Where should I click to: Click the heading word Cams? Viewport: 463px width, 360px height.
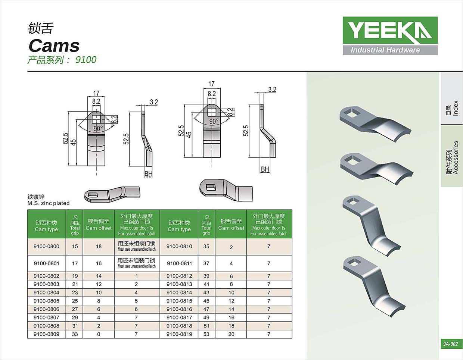coord(54,46)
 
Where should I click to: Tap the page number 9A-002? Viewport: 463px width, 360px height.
coord(450,344)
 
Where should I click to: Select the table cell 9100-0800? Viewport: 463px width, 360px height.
coord(46,246)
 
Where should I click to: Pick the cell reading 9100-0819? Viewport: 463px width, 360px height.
coord(179,334)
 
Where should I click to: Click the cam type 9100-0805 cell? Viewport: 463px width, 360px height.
coord(46,301)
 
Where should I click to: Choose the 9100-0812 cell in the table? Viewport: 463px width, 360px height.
coord(179,276)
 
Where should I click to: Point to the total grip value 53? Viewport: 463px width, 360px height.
coord(206,334)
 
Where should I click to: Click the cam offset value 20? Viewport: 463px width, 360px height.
coord(231,334)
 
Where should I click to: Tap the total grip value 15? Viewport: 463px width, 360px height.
coord(75,246)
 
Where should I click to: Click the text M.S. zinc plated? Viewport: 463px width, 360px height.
coord(49,203)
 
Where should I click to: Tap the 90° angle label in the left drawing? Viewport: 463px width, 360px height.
coord(98,128)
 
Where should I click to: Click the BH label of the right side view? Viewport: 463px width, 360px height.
coord(265,169)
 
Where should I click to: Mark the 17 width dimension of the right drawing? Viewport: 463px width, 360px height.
coord(211,84)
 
